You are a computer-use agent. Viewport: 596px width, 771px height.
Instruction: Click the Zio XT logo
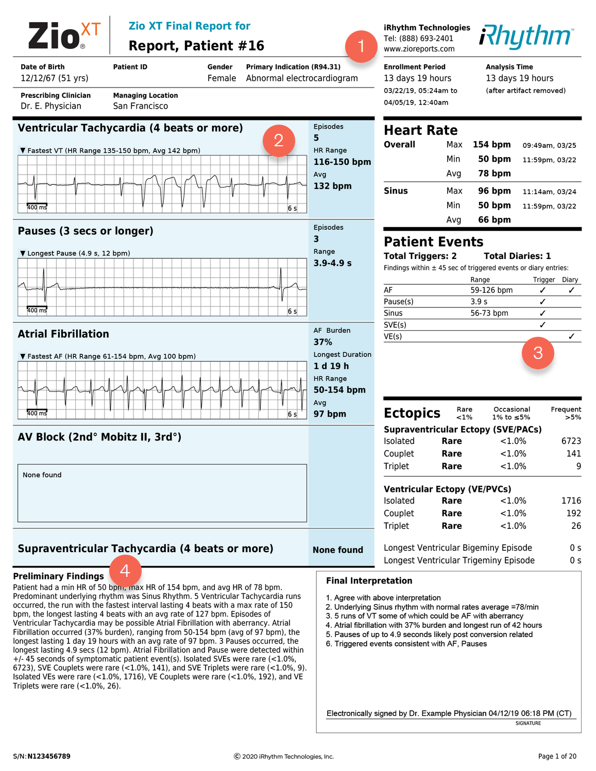point(64,36)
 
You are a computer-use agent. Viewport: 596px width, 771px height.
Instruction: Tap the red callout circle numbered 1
point(361,46)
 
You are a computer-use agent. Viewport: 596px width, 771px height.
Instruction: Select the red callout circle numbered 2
point(279,140)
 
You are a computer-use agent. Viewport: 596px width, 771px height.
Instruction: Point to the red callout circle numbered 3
point(538,353)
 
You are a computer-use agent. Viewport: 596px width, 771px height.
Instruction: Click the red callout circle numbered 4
point(125,571)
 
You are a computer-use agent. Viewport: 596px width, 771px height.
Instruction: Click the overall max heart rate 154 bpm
point(491,145)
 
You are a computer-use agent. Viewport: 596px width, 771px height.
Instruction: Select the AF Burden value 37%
point(323,342)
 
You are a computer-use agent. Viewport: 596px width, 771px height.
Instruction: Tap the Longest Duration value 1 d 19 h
point(331,366)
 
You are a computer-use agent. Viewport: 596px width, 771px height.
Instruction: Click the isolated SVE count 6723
point(571,441)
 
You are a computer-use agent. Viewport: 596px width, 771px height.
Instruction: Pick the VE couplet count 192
point(573,513)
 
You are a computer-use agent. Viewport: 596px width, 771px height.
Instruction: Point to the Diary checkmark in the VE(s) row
point(571,336)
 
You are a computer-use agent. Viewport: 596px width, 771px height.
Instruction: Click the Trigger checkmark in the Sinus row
point(542,313)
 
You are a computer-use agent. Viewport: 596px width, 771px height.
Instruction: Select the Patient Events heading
point(433,242)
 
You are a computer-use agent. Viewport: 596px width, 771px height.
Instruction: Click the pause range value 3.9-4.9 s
point(332,263)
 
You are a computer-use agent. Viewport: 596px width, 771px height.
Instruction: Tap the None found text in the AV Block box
point(42,475)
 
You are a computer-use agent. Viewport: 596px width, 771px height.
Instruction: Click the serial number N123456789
point(49,757)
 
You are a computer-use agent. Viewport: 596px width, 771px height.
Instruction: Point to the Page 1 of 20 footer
point(557,757)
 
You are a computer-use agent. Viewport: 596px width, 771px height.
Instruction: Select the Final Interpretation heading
point(369,581)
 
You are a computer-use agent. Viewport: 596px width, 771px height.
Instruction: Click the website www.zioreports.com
point(419,49)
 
